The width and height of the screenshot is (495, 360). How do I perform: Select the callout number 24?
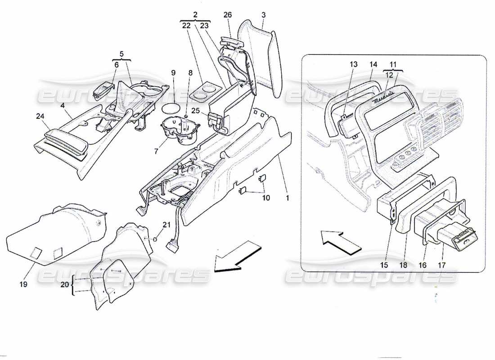coord(40,116)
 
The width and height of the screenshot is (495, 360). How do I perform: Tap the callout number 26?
coord(228,15)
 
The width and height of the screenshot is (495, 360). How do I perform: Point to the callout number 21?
coord(166,225)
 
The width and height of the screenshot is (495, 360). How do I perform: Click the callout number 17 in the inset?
coord(441,265)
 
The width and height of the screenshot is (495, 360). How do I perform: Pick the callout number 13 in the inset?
coord(353,65)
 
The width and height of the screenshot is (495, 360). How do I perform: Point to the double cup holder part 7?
coord(179,130)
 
